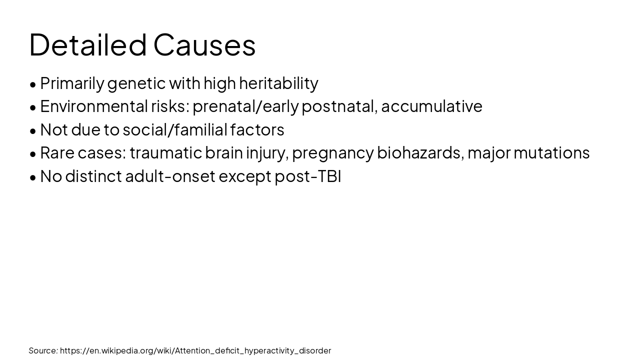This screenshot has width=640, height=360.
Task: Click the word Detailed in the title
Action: (88, 44)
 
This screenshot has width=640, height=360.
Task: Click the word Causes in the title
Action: (204, 44)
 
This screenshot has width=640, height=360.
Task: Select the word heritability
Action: (278, 83)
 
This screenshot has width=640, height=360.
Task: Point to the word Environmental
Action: (93, 106)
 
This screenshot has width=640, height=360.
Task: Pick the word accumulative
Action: (431, 106)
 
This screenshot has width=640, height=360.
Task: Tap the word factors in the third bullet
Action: (257, 130)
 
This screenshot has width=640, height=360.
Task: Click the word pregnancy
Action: (332, 153)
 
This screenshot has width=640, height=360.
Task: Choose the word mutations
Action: (551, 153)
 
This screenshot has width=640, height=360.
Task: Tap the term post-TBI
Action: (307, 176)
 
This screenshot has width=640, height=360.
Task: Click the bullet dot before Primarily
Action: (33, 84)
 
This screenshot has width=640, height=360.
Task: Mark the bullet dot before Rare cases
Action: (33, 154)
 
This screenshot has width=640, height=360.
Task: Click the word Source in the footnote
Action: (43, 350)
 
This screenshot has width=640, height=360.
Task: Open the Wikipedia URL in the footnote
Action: (195, 350)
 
